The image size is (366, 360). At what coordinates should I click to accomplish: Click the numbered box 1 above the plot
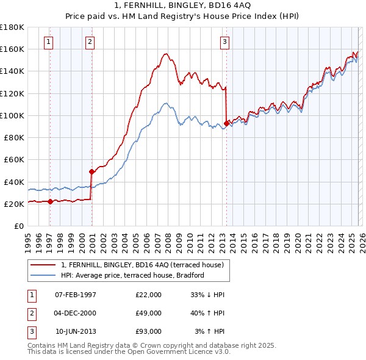click(48, 42)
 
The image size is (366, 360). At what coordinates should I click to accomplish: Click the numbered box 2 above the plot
click(90, 42)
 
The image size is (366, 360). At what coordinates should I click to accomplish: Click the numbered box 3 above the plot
click(224, 42)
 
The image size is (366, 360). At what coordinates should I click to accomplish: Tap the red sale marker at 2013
click(226, 123)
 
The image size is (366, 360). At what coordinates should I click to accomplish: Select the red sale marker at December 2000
click(91, 171)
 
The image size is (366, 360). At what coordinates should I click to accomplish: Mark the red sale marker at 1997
click(50, 201)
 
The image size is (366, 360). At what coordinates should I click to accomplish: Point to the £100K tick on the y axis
click(12, 115)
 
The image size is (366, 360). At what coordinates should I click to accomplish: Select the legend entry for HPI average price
click(132, 275)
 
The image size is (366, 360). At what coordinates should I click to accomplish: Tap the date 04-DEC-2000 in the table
click(76, 313)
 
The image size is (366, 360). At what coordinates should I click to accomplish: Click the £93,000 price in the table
click(148, 331)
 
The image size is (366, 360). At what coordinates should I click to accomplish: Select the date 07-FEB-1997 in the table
click(76, 295)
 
